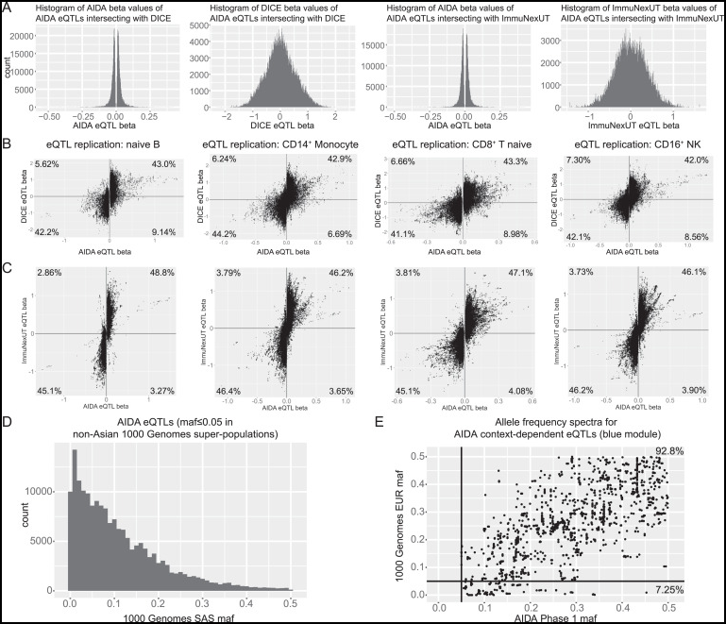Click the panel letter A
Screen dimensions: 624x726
[x=7, y=8]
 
